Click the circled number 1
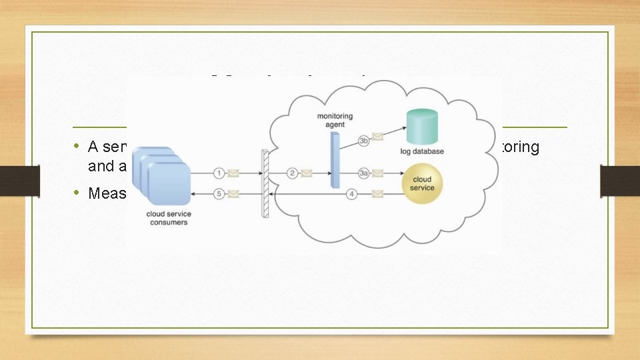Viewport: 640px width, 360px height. (x=219, y=173)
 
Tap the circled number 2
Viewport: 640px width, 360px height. (x=292, y=173)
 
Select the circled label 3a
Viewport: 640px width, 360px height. (x=364, y=173)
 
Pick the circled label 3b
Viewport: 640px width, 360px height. (x=364, y=140)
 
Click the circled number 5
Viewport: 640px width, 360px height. (x=219, y=194)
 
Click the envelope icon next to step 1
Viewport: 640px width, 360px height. (x=233, y=173)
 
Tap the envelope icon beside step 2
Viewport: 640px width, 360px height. (x=306, y=173)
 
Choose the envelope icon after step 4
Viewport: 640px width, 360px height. (x=378, y=194)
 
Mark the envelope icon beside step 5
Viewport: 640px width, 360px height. (x=233, y=194)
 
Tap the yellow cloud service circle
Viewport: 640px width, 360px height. (x=422, y=183)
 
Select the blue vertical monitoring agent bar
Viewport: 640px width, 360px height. (x=334, y=160)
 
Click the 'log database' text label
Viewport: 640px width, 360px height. (x=423, y=152)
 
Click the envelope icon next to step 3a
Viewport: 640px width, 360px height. (x=378, y=173)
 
